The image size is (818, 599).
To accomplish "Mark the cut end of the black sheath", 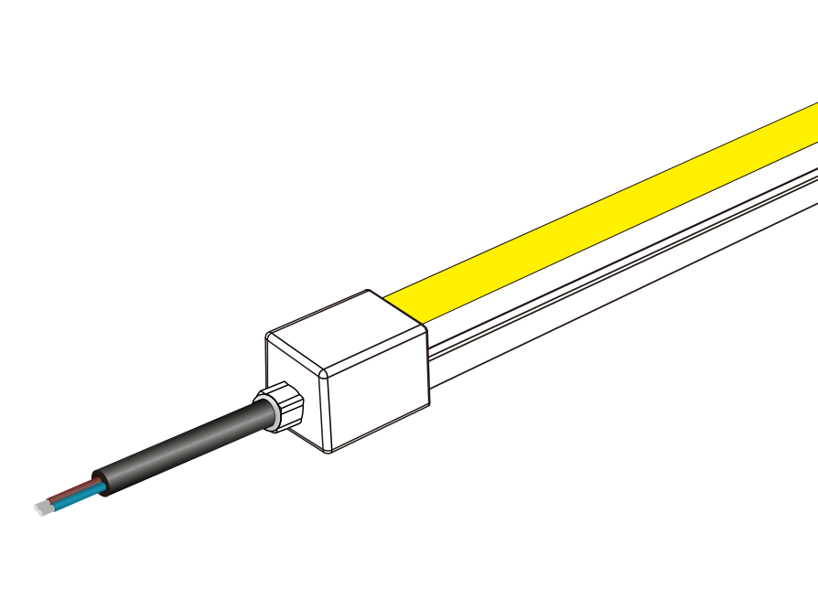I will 102,485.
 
